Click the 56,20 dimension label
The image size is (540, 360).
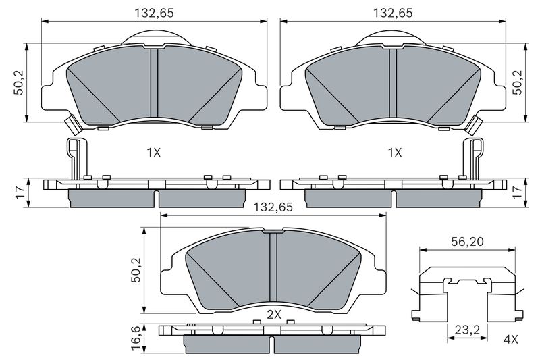tap(467, 242)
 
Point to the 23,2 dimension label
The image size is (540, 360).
tap(467, 330)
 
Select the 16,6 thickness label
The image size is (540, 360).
tap(137, 340)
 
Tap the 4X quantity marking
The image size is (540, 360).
tap(510, 340)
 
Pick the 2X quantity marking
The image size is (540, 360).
tap(274, 315)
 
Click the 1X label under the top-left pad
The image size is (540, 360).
tap(154, 152)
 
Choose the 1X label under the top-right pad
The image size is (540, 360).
tap(395, 152)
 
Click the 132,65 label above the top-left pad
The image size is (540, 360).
tap(154, 13)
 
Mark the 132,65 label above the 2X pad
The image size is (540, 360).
tap(273, 207)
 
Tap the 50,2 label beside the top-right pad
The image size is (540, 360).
tap(517, 82)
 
